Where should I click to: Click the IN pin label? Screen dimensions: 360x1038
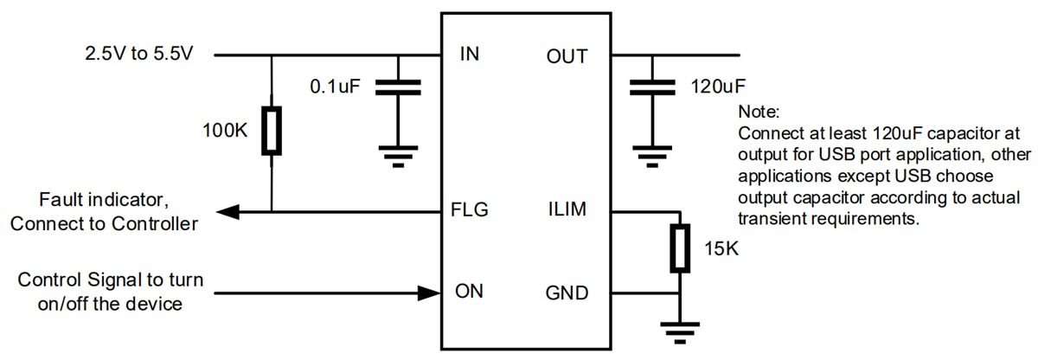point(471,56)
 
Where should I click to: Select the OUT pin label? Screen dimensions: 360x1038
point(567,56)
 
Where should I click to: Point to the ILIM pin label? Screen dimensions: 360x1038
point(567,210)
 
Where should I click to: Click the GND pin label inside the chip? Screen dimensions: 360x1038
point(567,292)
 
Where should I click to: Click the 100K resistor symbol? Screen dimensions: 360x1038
point(272,132)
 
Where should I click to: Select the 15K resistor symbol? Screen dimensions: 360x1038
point(681,249)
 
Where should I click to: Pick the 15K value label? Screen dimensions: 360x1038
point(721,250)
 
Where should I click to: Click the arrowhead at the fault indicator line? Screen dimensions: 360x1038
point(227,210)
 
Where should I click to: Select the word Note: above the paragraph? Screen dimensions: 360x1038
point(759,112)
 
